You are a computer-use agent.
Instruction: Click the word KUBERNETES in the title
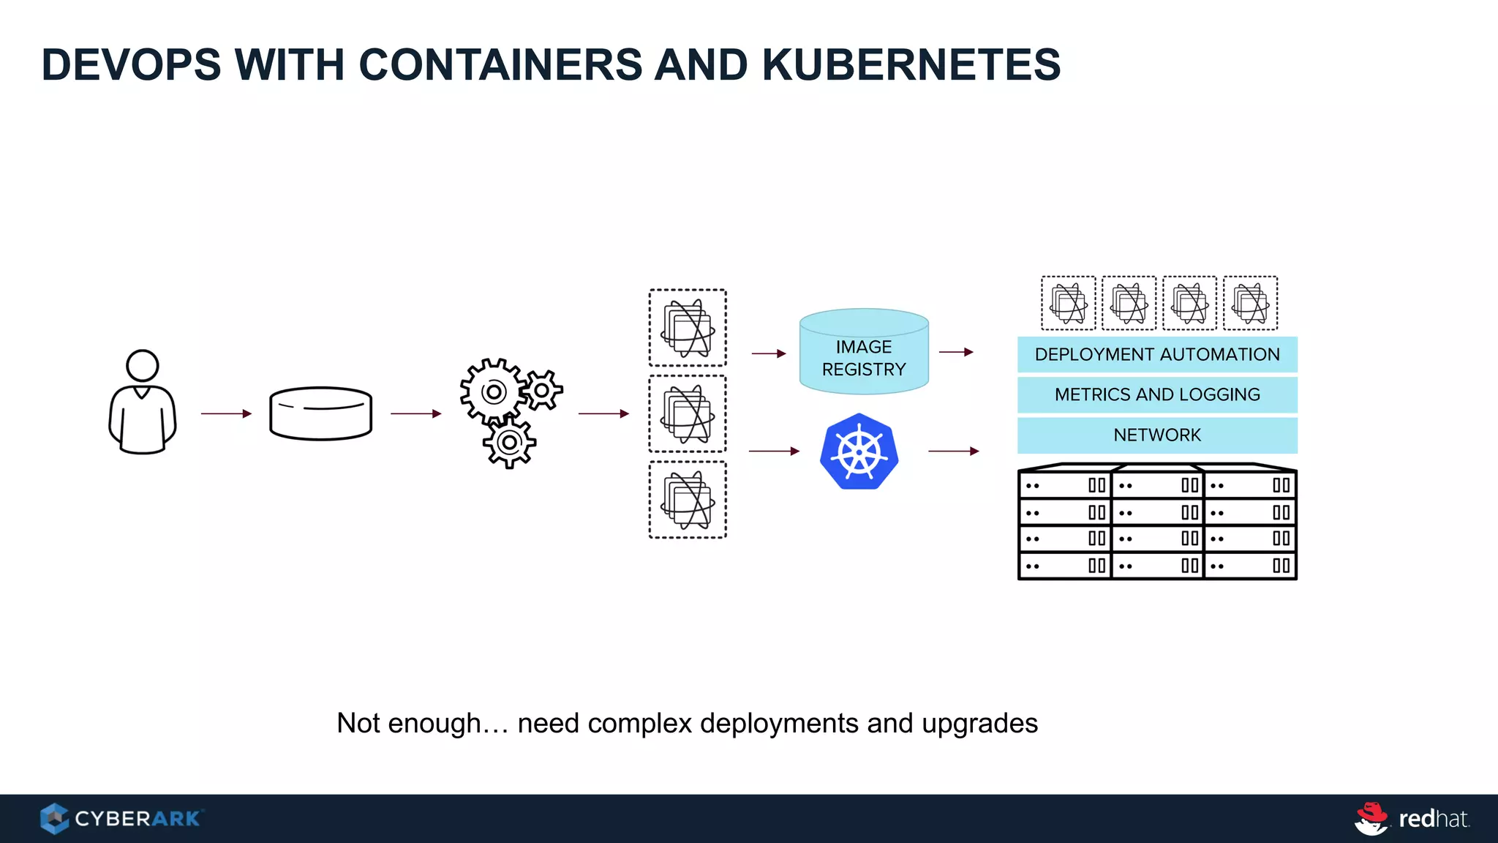[911, 64]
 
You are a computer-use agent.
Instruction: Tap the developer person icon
[143, 402]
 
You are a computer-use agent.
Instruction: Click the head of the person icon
[143, 365]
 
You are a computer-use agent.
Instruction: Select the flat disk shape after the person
[320, 413]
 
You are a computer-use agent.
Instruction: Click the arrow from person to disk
[226, 413]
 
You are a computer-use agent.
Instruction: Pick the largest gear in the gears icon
[493, 391]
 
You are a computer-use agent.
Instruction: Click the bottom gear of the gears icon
[509, 442]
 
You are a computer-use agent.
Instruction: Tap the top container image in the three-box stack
[688, 328]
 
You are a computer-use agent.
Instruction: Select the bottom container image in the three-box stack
[688, 500]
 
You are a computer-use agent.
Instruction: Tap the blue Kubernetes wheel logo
[859, 452]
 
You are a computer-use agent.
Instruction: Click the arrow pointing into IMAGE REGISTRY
[768, 353]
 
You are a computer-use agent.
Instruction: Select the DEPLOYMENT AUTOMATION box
[1157, 354]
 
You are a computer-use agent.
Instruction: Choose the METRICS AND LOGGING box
[1157, 394]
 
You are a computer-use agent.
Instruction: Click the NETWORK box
[1157, 435]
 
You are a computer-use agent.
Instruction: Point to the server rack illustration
[1157, 522]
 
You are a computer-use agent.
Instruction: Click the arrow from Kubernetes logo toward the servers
[953, 452]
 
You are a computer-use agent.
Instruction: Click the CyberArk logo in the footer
[121, 818]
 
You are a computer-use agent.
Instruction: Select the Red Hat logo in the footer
[1412, 818]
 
